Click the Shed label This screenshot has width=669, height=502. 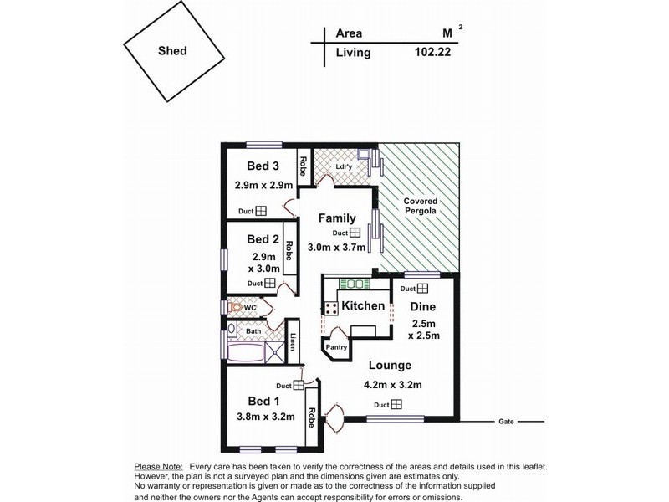click(x=172, y=50)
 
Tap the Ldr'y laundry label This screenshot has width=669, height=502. click(x=343, y=166)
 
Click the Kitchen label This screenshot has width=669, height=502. click(x=364, y=306)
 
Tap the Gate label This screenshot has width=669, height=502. click(x=505, y=421)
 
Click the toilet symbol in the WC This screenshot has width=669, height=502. click(x=237, y=309)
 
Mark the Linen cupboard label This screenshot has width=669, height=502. click(x=293, y=343)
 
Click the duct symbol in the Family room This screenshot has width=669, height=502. click(x=355, y=233)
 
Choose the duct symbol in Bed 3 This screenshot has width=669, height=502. click(x=261, y=212)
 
